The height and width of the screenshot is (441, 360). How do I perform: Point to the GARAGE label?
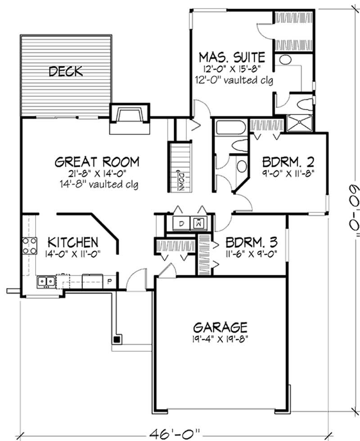(220, 326)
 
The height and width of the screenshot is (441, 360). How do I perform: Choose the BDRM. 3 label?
(247, 241)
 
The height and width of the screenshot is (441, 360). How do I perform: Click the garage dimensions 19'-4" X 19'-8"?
(220, 337)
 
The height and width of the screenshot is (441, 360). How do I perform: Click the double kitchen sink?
(46, 282)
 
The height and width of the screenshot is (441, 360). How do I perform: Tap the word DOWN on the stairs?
(180, 181)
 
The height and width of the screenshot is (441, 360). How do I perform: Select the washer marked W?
(198, 223)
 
